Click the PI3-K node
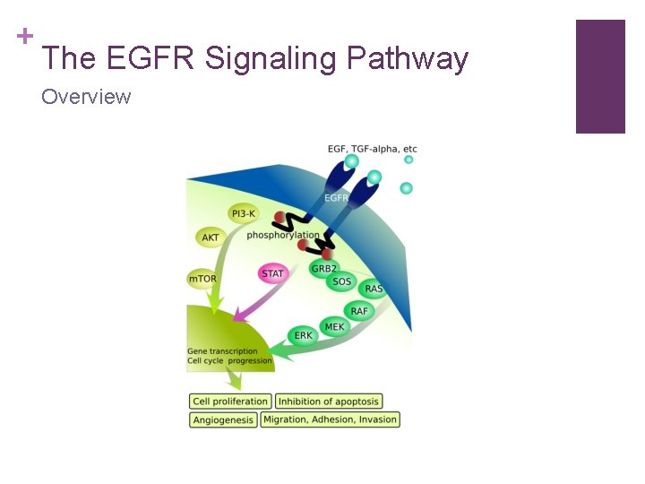pyautogui.click(x=244, y=213)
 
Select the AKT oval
pyautogui.click(x=211, y=238)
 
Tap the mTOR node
pyautogui.click(x=202, y=279)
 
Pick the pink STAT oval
pyautogui.click(x=272, y=273)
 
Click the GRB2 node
pyautogui.click(x=323, y=268)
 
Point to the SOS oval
pyautogui.click(x=342, y=281)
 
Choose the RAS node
pyautogui.click(x=374, y=289)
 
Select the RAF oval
pyautogui.click(x=359, y=311)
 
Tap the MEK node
pyautogui.click(x=334, y=327)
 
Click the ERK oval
pyautogui.click(x=304, y=336)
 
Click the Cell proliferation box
pyautogui.click(x=230, y=402)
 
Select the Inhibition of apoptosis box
pyautogui.click(x=329, y=402)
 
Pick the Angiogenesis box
pyautogui.click(x=223, y=419)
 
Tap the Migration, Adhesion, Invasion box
pyautogui.click(x=330, y=419)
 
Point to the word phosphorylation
pyautogui.click(x=283, y=236)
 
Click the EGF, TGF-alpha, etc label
pyautogui.click(x=372, y=149)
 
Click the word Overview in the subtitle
pyautogui.click(x=86, y=96)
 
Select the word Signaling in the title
pyautogui.click(x=270, y=58)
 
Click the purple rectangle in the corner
pyautogui.click(x=600, y=76)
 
